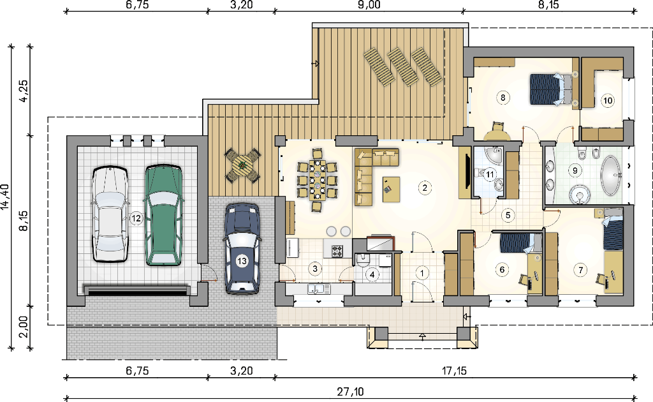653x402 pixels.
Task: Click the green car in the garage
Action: [x=164, y=215]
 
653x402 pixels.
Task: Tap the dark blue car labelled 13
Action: [x=242, y=248]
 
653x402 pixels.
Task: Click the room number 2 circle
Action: [x=425, y=188]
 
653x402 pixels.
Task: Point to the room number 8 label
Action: [x=503, y=98]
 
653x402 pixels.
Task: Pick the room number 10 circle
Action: [x=608, y=100]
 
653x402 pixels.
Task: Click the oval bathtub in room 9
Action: [x=611, y=175]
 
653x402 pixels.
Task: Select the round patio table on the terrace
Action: [x=243, y=165]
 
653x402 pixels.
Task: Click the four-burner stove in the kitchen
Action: [x=337, y=250]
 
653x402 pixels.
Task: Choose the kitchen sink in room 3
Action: [x=319, y=288]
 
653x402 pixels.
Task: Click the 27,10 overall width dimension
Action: [x=350, y=392]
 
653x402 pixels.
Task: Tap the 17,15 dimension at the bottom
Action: [x=454, y=370]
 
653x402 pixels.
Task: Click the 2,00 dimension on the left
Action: [x=23, y=327]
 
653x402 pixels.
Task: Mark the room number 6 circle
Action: [x=502, y=269]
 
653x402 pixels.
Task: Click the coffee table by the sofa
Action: [x=391, y=190]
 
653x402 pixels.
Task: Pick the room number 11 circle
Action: [x=490, y=174]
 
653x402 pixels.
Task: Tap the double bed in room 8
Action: [x=550, y=89]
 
